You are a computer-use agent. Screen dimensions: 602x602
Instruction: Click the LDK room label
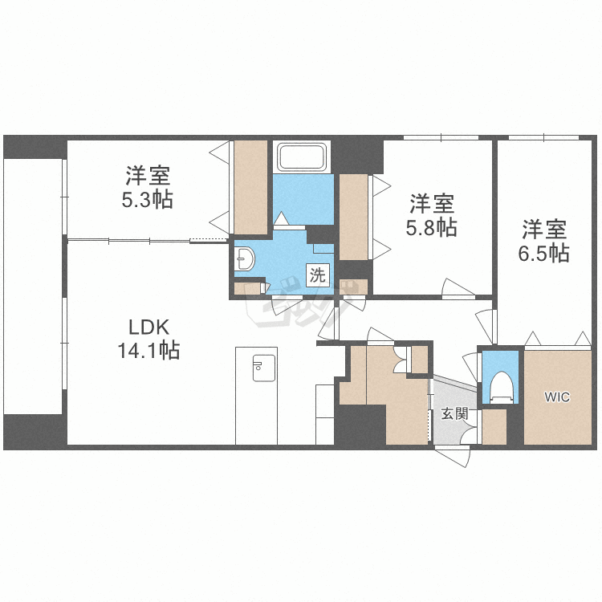point(148,327)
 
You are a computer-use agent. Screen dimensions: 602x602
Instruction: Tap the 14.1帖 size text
point(148,350)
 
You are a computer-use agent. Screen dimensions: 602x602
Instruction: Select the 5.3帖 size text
point(148,199)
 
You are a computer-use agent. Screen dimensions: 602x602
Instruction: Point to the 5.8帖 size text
point(432,227)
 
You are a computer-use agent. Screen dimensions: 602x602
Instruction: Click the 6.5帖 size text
point(543,253)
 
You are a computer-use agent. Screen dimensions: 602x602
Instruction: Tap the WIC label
point(557,397)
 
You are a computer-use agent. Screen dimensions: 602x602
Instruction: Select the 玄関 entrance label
point(454,414)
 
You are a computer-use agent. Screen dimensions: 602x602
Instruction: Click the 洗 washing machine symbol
point(318,275)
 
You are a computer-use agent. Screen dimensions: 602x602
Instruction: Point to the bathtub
point(303,157)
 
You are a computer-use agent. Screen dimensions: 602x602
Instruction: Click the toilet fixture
point(501,386)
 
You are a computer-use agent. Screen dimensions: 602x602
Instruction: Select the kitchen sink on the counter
point(264,368)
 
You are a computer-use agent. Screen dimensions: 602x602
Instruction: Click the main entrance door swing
point(453,455)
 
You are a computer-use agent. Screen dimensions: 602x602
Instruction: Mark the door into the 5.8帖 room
point(458,288)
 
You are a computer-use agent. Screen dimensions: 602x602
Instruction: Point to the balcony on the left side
point(33,286)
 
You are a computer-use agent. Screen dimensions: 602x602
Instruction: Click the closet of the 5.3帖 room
point(250,187)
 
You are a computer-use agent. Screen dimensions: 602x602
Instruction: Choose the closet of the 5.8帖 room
point(354,218)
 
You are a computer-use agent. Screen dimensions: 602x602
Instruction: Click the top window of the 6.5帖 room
point(543,137)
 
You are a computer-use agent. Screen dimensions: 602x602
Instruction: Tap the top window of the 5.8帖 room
point(441,137)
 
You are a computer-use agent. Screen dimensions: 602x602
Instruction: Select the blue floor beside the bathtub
point(303,199)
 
